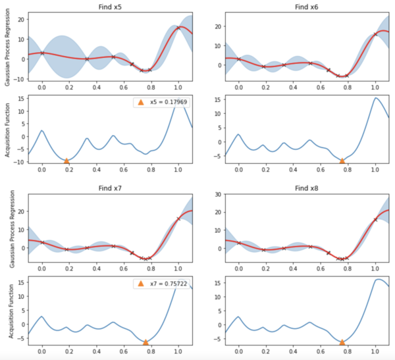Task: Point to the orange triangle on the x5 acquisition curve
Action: tap(66, 161)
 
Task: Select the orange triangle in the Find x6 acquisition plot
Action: tap(342, 161)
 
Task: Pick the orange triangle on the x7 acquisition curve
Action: tap(145, 342)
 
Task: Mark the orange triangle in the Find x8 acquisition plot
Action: tap(342, 342)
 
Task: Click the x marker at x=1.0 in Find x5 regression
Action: tap(178, 28)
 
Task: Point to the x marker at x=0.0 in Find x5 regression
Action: tap(42, 53)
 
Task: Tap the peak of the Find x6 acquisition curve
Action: tap(375, 98)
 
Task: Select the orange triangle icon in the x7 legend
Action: tap(140, 284)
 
